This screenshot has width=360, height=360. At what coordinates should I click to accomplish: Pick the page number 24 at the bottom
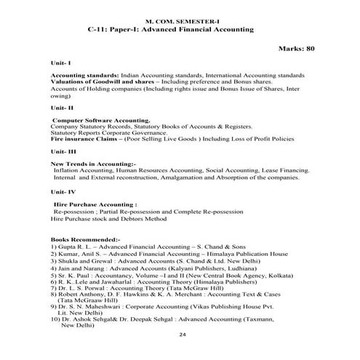[180, 335]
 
